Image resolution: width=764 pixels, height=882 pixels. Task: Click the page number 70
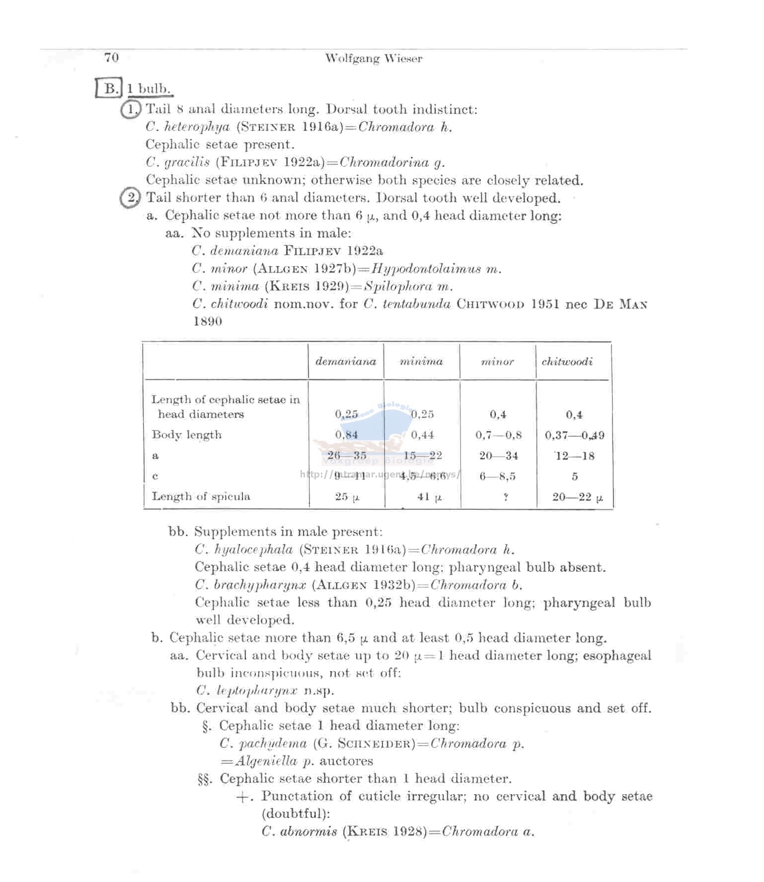tap(111, 58)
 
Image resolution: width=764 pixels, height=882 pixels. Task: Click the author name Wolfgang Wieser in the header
tap(374, 59)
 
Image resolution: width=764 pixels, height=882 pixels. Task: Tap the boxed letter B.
tap(110, 88)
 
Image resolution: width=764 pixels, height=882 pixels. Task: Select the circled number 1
tap(130, 109)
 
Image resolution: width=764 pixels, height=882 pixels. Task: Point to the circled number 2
tap(130, 198)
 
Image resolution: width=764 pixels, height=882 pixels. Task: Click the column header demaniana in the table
tap(346, 361)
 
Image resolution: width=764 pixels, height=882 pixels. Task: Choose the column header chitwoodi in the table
tap(567, 361)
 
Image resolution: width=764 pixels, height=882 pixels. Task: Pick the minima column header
tap(421, 361)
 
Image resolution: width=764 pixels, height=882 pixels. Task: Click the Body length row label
tap(186, 435)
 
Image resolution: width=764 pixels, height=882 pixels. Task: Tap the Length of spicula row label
tap(201, 496)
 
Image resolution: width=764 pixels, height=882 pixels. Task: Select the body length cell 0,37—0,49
tap(575, 435)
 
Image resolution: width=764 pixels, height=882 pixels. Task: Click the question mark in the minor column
tap(505, 497)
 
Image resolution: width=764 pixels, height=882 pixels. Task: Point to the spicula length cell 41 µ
tap(429, 497)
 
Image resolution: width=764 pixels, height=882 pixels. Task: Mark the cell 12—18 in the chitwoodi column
tap(575, 456)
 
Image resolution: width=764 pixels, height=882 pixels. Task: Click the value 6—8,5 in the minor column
tap(497, 476)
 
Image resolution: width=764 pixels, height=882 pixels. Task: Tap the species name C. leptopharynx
tap(247, 690)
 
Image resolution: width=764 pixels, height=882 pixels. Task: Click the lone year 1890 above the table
tap(208, 321)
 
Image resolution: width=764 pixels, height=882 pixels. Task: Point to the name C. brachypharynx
tap(250, 585)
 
